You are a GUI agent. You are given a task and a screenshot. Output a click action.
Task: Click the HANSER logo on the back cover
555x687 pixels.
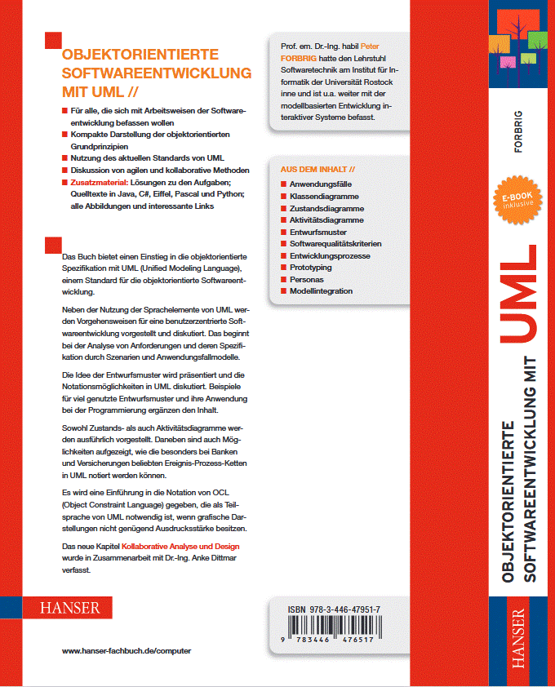click(x=70, y=608)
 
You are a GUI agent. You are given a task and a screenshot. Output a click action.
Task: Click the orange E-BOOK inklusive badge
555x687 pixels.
click(x=517, y=202)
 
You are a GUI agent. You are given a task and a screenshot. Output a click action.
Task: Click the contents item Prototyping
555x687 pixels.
click(x=310, y=268)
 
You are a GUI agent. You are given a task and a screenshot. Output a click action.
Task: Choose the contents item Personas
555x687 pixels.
click(x=308, y=279)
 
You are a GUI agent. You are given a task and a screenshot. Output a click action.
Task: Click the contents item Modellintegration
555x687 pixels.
click(x=321, y=291)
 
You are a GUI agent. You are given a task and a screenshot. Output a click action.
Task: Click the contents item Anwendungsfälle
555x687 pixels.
click(x=319, y=185)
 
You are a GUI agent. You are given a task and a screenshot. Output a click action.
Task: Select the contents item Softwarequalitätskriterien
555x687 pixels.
click(x=335, y=244)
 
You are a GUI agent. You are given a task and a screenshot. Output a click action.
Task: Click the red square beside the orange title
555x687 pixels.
click(x=53, y=40)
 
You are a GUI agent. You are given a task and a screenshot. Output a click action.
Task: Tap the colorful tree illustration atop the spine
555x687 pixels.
click(x=517, y=37)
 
